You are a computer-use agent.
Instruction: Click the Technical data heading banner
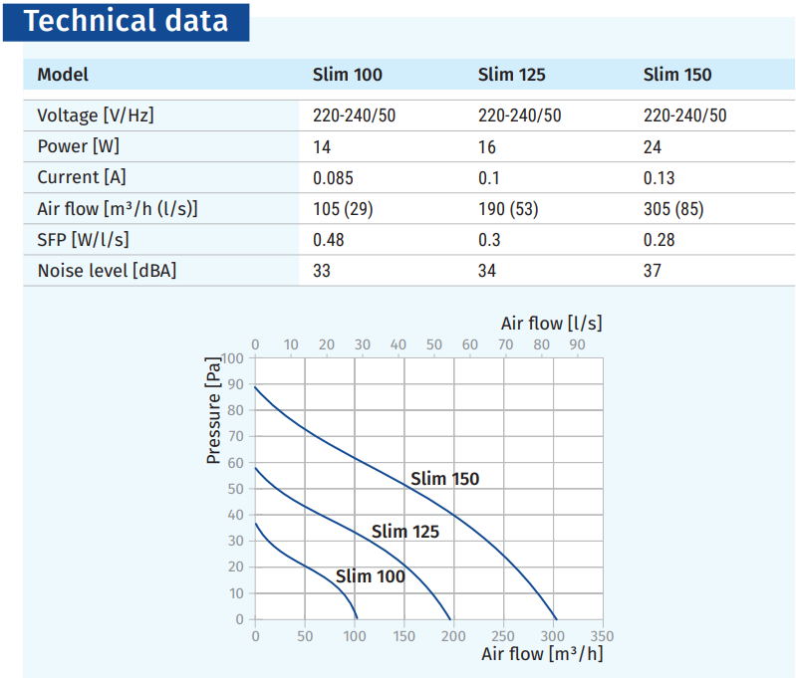(x=126, y=22)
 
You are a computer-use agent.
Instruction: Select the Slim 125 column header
(x=511, y=75)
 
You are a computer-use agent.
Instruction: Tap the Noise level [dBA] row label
(x=107, y=271)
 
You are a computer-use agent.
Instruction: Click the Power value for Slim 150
(x=653, y=147)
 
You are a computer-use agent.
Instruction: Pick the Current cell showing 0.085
(x=333, y=178)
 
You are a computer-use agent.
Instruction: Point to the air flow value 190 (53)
(x=508, y=209)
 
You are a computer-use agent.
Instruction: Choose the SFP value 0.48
(x=329, y=240)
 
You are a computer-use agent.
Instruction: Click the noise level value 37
(x=653, y=271)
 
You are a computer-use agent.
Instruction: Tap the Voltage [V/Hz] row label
(x=95, y=115)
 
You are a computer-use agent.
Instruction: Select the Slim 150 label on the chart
(x=444, y=479)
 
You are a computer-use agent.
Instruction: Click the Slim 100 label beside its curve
(x=370, y=576)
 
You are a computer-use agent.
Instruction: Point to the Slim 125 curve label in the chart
(x=405, y=532)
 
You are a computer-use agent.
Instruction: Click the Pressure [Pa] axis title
(x=214, y=410)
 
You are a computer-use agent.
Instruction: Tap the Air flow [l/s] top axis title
(x=551, y=324)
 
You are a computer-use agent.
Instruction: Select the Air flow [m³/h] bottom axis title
(x=542, y=654)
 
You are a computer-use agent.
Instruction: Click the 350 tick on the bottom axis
(x=602, y=636)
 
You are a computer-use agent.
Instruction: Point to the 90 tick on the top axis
(x=577, y=344)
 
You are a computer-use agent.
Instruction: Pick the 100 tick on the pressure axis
(x=232, y=358)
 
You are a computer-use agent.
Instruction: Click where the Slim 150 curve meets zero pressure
(x=557, y=619)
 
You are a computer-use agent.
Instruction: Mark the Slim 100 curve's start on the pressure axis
(x=255, y=523)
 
